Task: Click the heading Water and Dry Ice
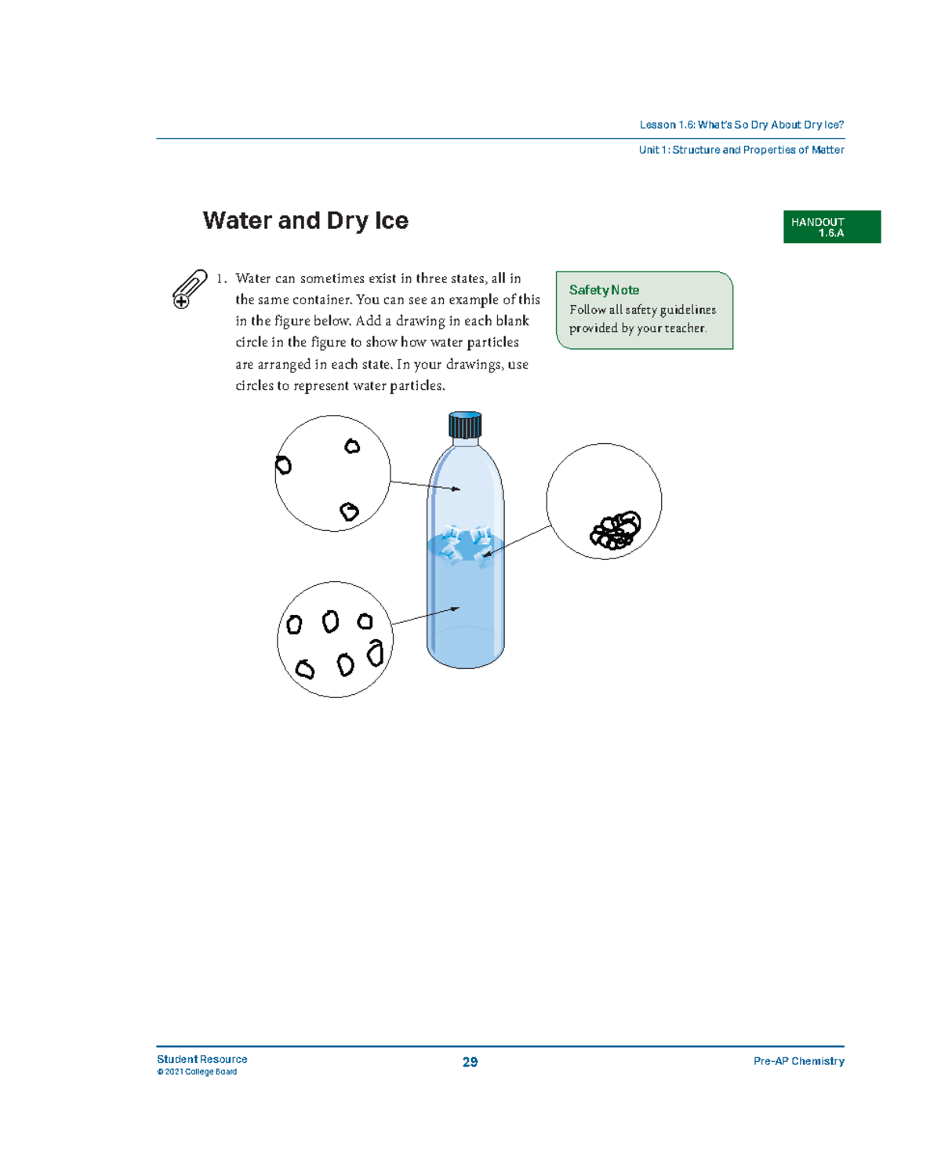click(x=305, y=220)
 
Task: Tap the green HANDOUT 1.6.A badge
click(x=831, y=227)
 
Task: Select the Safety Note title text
click(x=604, y=290)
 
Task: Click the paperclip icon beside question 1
click(x=189, y=289)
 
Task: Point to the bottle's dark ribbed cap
click(x=465, y=425)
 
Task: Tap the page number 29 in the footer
click(x=470, y=1062)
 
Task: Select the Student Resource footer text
click(x=202, y=1059)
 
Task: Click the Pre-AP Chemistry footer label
click(x=798, y=1061)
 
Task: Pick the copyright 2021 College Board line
click(x=197, y=1072)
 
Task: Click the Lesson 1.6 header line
click(x=741, y=125)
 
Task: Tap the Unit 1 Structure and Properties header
click(x=741, y=150)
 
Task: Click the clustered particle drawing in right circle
click(x=616, y=531)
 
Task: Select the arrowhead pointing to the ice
click(x=486, y=555)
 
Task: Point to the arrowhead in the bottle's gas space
click(x=456, y=489)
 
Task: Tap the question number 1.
click(x=221, y=278)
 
